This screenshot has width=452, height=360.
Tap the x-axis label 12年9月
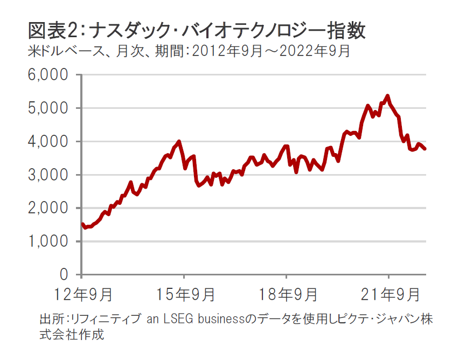82,295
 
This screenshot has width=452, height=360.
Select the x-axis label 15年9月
184,295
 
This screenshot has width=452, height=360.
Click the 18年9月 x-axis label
286,295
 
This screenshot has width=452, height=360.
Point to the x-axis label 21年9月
388,295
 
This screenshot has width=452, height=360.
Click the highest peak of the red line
387,96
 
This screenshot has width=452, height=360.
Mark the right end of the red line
425,149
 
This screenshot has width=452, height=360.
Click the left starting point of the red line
82,224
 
